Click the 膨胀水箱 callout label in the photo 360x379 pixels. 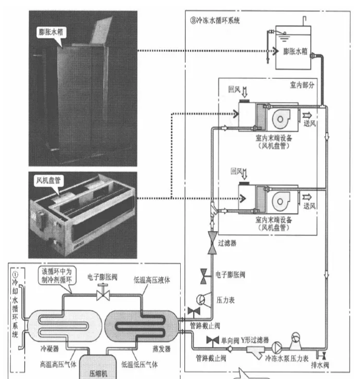click(51, 32)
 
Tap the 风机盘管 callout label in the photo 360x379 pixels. click(48, 180)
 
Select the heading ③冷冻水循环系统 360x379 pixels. click(215, 21)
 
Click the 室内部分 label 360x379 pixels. click(302, 85)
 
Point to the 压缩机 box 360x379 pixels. click(98, 367)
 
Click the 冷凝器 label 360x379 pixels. click(50, 348)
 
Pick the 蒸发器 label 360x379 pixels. click(162, 348)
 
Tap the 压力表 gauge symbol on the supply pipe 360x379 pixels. click(201, 300)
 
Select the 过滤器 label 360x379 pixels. click(227, 243)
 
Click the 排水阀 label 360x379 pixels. click(320, 365)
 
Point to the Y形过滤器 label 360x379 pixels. click(255, 340)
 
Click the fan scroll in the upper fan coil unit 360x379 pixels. click(281, 119)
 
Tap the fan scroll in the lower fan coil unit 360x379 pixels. click(281, 201)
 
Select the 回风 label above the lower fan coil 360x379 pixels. click(236, 172)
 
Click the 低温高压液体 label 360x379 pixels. click(152, 280)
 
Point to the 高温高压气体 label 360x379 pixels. click(58, 364)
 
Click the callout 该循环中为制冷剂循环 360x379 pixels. click(57, 275)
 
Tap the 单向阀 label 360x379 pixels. click(230, 341)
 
